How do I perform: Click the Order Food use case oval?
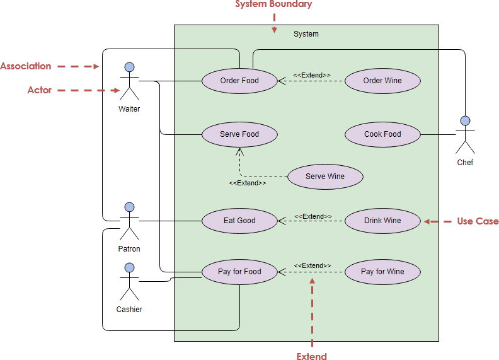point(239,81)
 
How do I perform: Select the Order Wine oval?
point(382,81)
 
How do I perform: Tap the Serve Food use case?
point(239,134)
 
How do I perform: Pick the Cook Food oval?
point(382,134)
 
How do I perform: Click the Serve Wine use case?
point(325,177)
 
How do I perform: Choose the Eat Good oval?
point(239,221)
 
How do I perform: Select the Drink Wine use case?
point(382,221)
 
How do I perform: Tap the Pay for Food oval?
point(239,272)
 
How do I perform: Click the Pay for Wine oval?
point(382,272)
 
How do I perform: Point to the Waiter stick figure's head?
point(129,67)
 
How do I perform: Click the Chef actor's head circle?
point(465,120)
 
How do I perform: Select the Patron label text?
point(129,249)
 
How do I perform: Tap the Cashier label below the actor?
point(129,310)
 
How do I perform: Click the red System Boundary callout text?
point(273,4)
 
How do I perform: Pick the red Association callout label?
point(26,66)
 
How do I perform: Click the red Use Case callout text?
point(478,221)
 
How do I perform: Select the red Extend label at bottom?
point(312,356)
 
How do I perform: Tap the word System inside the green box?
point(306,34)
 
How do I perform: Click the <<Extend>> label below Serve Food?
point(247,183)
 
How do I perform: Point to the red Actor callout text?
point(40,90)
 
